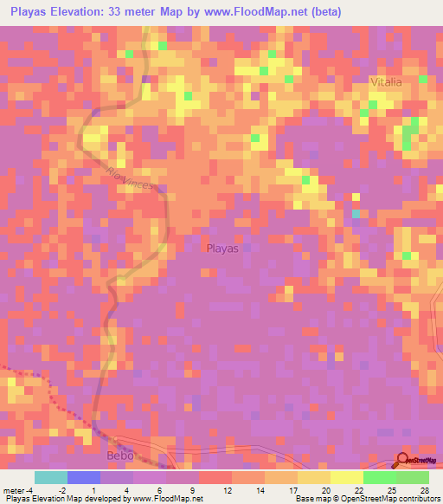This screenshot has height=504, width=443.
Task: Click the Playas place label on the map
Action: [x=222, y=249]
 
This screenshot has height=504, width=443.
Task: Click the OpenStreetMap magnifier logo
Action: [x=403, y=461]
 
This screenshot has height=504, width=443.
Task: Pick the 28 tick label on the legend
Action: [x=424, y=489]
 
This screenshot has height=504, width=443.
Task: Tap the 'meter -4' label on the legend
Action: [x=18, y=489]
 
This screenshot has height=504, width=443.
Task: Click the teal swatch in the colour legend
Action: [x=51, y=477]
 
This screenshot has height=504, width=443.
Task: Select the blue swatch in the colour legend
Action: [x=84, y=477]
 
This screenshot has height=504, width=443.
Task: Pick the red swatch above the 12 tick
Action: [x=215, y=477]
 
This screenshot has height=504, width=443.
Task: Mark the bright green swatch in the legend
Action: [x=379, y=477]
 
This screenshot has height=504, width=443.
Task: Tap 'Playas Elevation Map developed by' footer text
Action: [x=57, y=499]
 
